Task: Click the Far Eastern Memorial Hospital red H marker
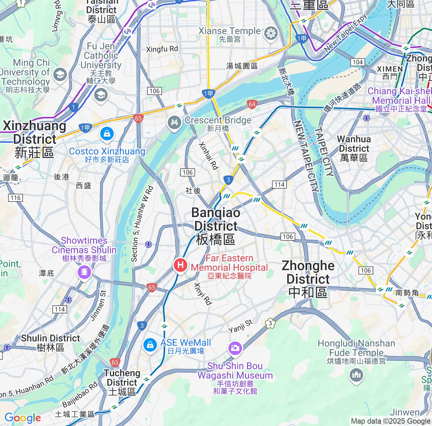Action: tap(180, 265)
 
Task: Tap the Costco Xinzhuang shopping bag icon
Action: tap(107, 134)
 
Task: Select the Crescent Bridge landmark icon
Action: tap(174, 122)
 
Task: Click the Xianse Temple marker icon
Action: tap(271, 33)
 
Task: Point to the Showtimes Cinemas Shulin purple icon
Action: tap(84, 272)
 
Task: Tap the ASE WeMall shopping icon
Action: tap(150, 345)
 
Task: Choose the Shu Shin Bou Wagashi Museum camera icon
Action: tap(235, 348)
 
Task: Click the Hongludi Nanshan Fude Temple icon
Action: tap(356, 375)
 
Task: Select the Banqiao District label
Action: tap(216, 226)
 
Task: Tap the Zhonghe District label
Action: tap(308, 279)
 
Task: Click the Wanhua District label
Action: tap(354, 148)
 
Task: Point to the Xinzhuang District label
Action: tap(34, 139)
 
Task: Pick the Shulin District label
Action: tap(51, 342)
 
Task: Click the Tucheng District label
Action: tap(122, 382)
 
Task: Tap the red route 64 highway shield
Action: tap(252, 104)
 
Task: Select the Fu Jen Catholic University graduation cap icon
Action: tap(101, 95)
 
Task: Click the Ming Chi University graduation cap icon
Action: tap(60, 75)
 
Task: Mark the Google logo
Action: tap(23, 418)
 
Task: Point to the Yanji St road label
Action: tap(240, 326)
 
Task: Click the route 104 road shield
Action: tap(357, 62)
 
